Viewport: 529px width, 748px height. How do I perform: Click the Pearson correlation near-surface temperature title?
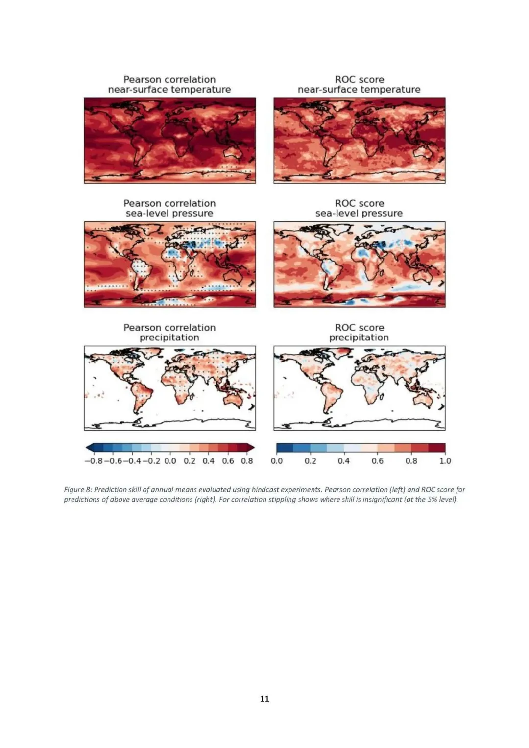169,84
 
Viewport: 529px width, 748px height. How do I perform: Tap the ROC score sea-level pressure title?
359,208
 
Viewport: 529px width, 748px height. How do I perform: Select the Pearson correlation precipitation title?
169,332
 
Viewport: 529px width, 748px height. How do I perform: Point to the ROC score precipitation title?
359,332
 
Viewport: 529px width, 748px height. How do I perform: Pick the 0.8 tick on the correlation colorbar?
247,461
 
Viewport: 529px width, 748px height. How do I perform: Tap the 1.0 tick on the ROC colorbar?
445,461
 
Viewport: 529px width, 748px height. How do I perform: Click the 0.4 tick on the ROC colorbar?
344,461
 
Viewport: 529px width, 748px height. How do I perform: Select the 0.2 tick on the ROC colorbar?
310,461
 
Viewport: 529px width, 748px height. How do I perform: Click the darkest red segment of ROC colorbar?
436,447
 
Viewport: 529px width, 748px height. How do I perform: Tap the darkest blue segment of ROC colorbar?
285,447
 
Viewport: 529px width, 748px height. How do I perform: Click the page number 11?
264,699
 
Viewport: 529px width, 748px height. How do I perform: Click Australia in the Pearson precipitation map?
233,399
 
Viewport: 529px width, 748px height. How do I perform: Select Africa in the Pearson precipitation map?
179,385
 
